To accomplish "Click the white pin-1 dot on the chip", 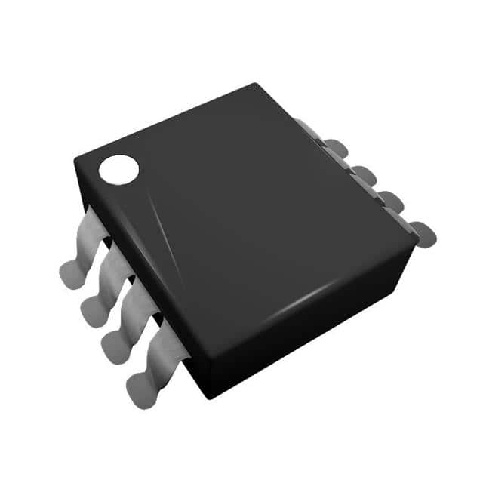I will point(119,169).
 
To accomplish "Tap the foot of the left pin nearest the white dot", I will point(70,272).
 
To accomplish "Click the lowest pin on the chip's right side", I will point(423,234).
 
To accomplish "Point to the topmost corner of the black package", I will point(256,85).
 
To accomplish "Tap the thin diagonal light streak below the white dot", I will point(162,226).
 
